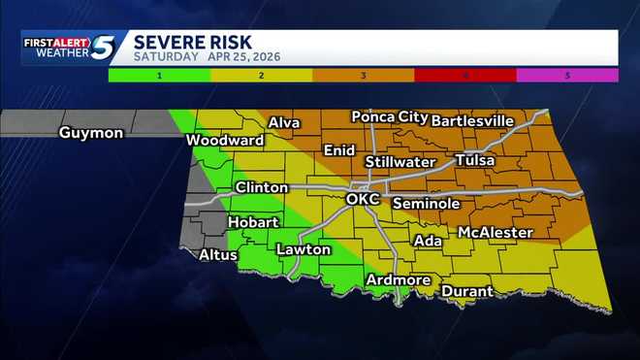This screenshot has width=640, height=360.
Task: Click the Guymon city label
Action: [91, 133]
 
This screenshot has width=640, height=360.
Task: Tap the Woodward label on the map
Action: [225, 141]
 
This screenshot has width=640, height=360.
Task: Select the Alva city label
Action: [284, 122]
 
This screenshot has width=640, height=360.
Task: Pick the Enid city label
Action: [338, 150]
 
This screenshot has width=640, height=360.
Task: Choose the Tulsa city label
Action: [474, 160]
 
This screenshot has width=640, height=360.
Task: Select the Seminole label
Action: [426, 204]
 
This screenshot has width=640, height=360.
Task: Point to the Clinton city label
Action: [261, 187]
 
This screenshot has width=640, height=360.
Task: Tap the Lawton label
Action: [304, 249]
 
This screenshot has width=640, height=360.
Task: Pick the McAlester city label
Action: [495, 233]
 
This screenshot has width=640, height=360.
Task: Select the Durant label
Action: [466, 291]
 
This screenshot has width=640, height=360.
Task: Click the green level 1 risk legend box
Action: [158, 75]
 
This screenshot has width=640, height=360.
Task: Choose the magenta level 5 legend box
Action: [567, 75]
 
